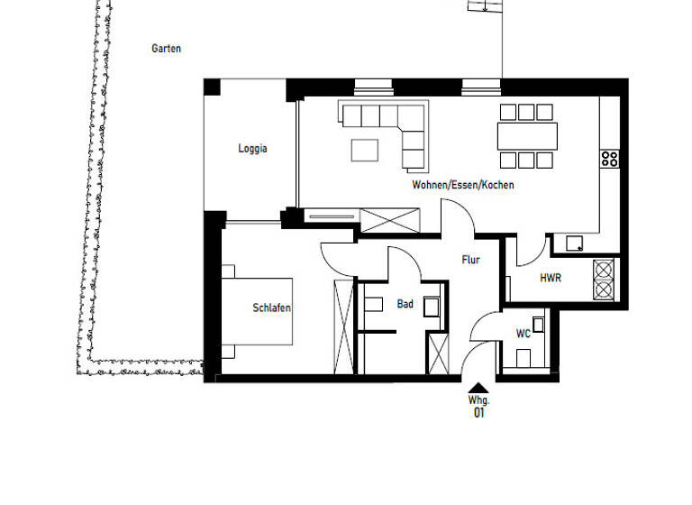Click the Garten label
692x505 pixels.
(x=166, y=49)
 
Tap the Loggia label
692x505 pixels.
(x=252, y=150)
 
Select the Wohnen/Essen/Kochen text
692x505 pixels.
(x=463, y=185)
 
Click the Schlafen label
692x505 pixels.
(x=271, y=308)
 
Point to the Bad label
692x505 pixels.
(x=405, y=305)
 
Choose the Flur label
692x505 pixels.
(x=470, y=260)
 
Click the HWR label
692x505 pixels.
(x=551, y=279)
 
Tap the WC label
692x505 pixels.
(x=523, y=334)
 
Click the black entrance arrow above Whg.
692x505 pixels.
(x=478, y=387)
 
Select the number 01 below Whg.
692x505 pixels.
(x=478, y=413)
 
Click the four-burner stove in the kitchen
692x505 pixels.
(x=610, y=160)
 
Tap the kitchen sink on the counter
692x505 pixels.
(x=573, y=242)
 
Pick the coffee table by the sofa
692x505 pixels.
(x=365, y=149)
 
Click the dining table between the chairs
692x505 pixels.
(x=527, y=136)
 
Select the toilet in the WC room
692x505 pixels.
(x=539, y=325)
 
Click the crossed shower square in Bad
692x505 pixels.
(x=438, y=353)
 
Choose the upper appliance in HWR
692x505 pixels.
(x=604, y=270)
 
